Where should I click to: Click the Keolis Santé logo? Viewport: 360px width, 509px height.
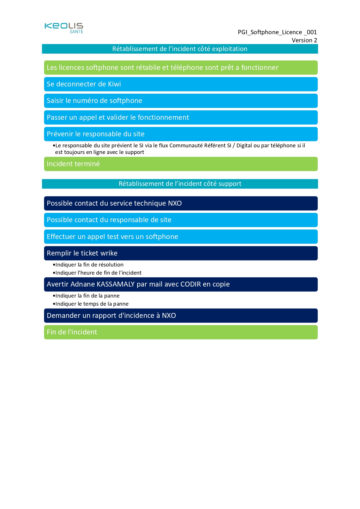[x=64, y=28]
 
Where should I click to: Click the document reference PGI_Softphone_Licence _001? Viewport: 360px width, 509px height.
[x=277, y=32]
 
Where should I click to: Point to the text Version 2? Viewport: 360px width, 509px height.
[x=304, y=40]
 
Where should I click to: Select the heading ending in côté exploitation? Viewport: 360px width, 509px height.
[x=180, y=49]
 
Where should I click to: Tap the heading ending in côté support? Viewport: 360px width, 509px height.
[x=180, y=184]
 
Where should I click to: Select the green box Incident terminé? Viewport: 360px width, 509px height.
[x=181, y=164]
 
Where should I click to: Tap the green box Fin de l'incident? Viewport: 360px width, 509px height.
[x=181, y=332]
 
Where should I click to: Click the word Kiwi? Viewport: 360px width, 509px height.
[x=114, y=84]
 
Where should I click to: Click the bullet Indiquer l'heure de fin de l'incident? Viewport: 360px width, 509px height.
[x=98, y=273]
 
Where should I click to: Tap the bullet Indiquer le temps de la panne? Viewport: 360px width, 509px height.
[x=92, y=304]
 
